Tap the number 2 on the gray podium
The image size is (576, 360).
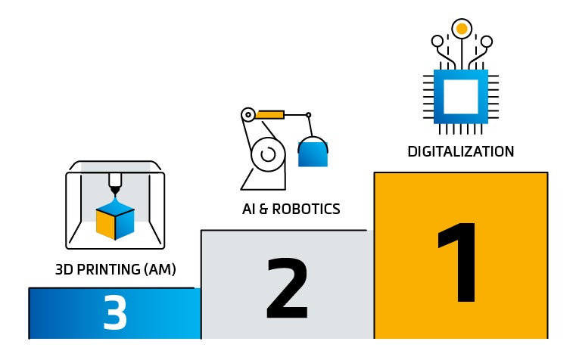(x=287, y=290)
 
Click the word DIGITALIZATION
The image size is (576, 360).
(x=460, y=151)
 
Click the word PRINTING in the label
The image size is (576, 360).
(x=114, y=269)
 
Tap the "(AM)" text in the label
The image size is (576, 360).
(x=160, y=269)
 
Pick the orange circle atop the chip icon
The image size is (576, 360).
(x=460, y=29)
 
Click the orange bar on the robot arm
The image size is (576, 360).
(x=269, y=115)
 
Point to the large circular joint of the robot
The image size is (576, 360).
(x=266, y=154)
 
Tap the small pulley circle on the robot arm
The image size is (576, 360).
(x=247, y=115)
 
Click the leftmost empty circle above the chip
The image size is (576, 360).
(x=437, y=41)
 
